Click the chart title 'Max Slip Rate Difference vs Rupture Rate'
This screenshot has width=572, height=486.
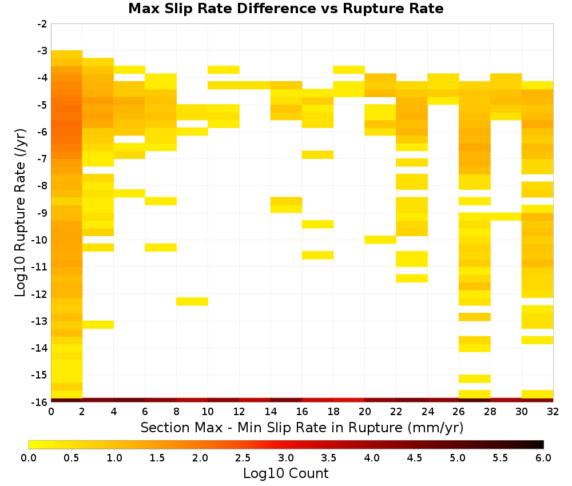point(285,9)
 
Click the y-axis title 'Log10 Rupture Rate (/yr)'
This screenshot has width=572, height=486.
point(21,213)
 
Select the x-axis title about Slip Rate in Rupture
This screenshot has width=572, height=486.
point(301,427)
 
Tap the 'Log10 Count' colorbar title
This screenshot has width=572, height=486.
point(285,473)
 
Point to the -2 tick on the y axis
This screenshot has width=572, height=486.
point(42,24)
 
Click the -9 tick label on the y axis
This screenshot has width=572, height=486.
point(42,213)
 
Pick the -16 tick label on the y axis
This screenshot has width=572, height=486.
point(40,402)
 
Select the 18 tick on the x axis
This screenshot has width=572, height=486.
point(333,412)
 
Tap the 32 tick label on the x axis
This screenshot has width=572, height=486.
point(553,412)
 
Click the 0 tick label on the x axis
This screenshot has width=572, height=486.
point(51,412)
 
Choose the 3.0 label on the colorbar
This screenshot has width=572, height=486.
point(285,457)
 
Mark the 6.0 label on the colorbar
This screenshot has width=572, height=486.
point(543,457)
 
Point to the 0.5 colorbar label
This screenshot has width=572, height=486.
point(71,457)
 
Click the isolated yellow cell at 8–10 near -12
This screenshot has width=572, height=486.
point(192,301)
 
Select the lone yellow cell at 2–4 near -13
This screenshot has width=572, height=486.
point(98,325)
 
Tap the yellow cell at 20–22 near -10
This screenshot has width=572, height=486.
point(380,240)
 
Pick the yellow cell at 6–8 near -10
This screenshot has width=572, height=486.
point(161,247)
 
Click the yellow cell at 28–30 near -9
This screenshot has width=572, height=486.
point(506,216)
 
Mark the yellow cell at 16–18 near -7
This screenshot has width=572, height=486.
point(317,154)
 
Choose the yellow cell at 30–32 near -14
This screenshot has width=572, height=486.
point(537,340)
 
